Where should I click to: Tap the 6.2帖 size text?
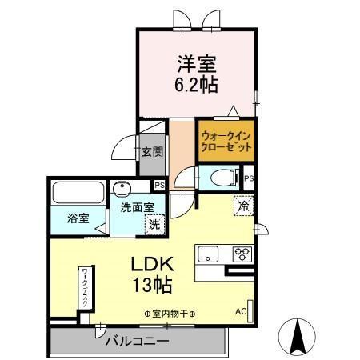point(197,82)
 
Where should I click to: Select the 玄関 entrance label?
point(151,151)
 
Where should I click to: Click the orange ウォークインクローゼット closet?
point(226,142)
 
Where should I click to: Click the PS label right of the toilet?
point(250,178)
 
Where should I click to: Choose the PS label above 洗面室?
point(160,186)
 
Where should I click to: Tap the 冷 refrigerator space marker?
point(243,205)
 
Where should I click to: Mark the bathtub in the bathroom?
point(78,194)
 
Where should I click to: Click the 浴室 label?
point(78,217)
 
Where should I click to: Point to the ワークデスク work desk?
point(84,289)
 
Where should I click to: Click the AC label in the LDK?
point(241,311)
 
